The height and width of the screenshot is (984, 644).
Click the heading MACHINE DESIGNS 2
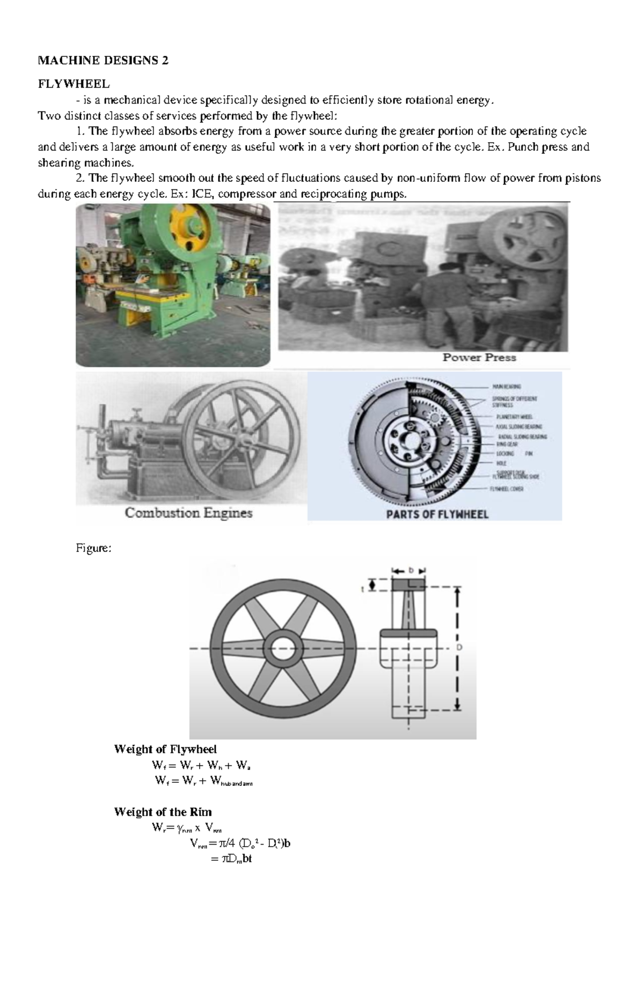coord(103,60)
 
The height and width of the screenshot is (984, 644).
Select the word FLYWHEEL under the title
coord(73,84)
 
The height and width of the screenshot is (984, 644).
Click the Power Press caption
coord(479,357)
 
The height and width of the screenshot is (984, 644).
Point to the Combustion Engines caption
coord(188,513)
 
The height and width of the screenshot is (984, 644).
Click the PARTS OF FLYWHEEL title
coord(437,514)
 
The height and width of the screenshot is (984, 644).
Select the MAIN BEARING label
coord(506,386)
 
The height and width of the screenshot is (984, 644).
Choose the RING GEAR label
coord(507,445)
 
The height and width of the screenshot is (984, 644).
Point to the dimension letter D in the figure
coord(459,648)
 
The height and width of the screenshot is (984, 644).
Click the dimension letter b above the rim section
coord(411,571)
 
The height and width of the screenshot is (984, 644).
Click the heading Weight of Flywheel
coord(165,749)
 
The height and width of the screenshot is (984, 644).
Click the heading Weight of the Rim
coord(163,812)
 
